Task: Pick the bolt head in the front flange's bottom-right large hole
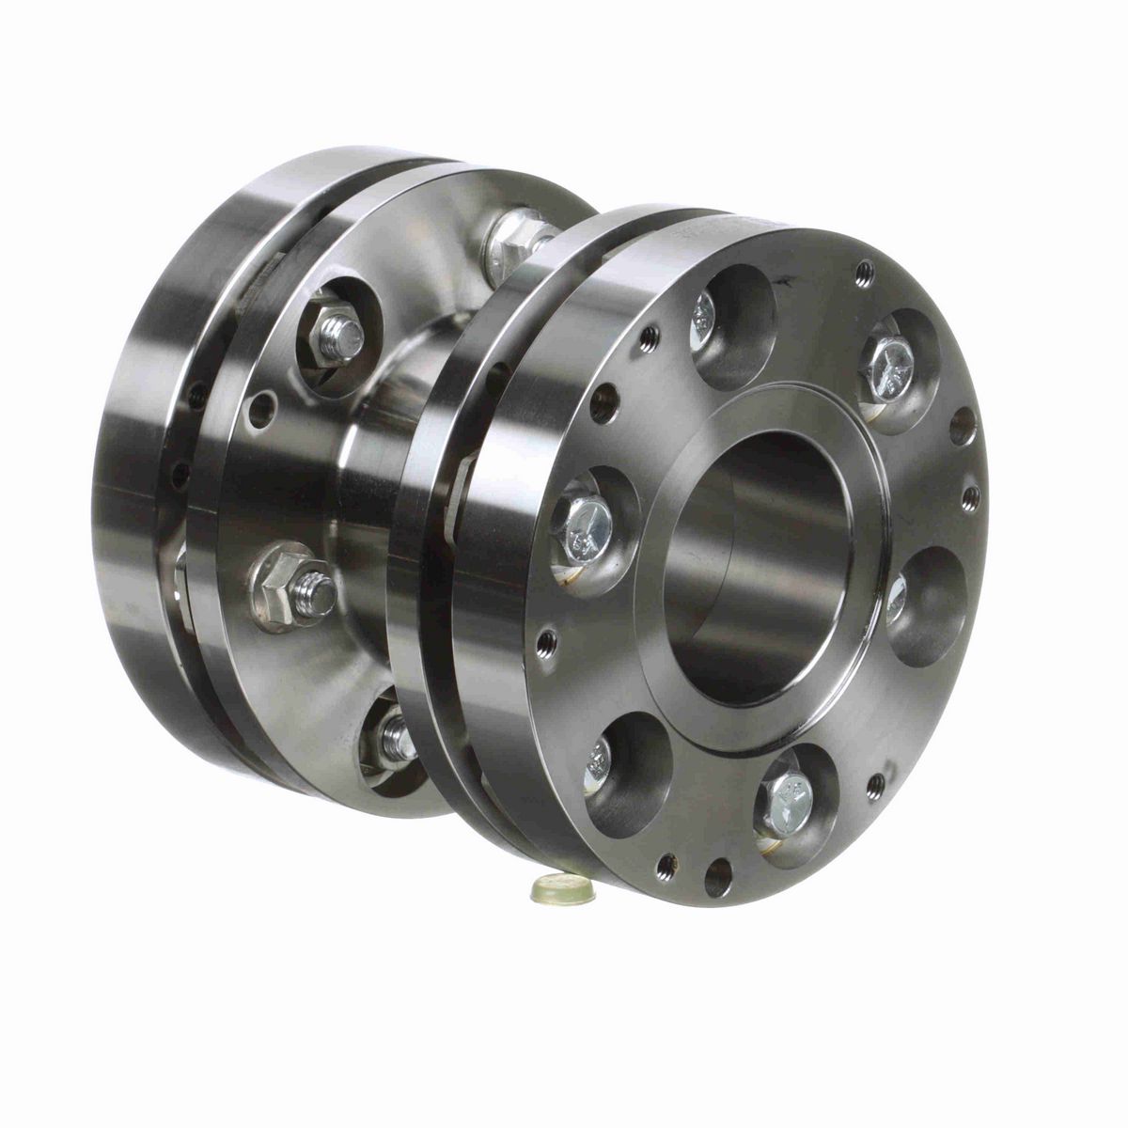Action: (788, 801)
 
